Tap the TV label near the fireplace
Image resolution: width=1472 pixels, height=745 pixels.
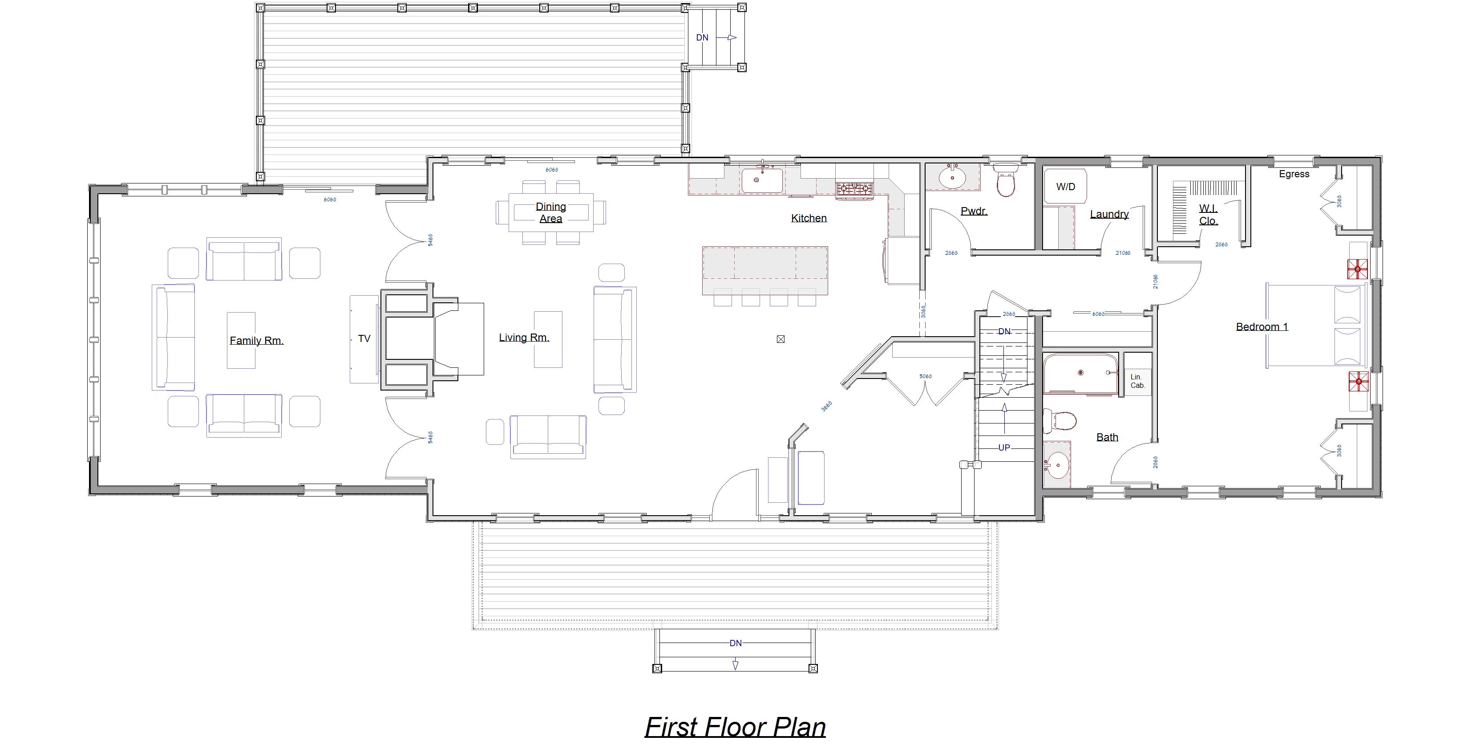364,338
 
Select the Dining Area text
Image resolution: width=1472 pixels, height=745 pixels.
550,213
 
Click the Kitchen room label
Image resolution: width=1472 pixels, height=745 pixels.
809,218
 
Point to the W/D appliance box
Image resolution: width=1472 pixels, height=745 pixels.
1065,187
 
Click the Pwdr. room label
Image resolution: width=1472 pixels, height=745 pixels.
974,211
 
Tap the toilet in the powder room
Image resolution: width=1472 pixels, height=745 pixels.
1006,182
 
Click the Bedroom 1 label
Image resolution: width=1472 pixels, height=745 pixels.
1262,327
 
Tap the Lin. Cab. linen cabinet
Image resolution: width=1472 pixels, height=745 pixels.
1137,381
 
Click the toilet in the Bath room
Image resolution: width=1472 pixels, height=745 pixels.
1060,421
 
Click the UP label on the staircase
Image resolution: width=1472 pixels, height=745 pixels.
1004,448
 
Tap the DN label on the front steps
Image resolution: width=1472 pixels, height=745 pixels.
736,643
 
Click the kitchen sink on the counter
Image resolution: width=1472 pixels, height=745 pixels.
762,180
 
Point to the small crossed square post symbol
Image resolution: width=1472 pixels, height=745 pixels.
780,339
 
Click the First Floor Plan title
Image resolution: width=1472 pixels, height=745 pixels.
735,727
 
